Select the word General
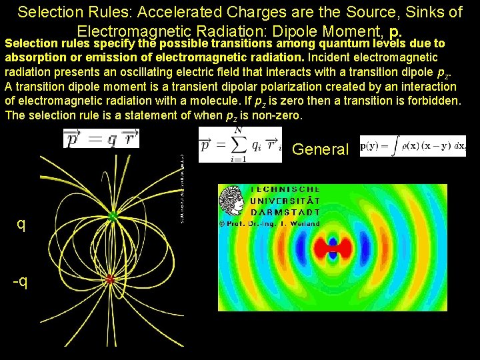[x=320, y=149]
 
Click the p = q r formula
[x=101, y=139]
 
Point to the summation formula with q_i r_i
[x=241, y=145]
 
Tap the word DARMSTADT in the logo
[x=285, y=212]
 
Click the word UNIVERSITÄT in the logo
[x=285, y=201]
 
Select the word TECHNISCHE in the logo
[x=285, y=190]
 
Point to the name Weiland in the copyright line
[x=306, y=224]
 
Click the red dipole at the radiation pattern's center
[x=332, y=249]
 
